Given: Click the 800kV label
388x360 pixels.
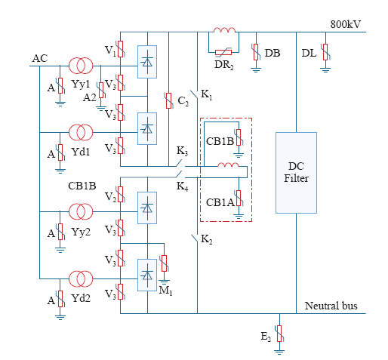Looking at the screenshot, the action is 345,24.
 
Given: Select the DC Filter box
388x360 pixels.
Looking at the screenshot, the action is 296,173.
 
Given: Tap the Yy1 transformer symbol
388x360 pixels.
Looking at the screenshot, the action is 81,66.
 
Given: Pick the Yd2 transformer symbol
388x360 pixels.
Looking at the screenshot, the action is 81,278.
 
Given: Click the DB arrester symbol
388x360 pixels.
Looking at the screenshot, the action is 256,52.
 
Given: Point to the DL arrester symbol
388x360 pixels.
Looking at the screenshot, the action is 325,52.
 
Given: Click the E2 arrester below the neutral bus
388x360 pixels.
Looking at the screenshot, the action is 279,334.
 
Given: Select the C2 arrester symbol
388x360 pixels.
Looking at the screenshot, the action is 168,100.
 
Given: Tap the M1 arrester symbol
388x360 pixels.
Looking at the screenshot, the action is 164,263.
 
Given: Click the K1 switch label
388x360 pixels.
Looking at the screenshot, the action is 207,95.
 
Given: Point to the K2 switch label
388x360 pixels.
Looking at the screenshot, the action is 207,239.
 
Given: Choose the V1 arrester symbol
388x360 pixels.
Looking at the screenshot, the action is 121,49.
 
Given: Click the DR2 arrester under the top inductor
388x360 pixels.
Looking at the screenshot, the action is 223,52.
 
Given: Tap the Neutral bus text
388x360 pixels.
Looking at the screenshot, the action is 331,306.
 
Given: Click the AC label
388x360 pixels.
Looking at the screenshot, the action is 40,58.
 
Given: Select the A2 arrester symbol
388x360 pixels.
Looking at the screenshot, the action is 101,90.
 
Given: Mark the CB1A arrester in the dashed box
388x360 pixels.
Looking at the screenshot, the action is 239,198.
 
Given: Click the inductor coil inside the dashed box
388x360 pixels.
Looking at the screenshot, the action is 228,165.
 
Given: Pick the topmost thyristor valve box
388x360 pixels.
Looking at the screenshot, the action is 147,62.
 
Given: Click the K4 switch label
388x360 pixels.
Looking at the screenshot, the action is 183,186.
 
